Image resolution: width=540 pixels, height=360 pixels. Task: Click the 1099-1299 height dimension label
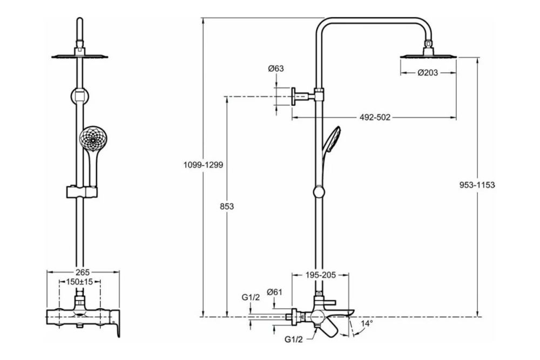(203, 165)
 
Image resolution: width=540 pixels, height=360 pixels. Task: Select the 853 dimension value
(227, 206)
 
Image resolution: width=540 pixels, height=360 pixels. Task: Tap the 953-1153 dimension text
(477, 185)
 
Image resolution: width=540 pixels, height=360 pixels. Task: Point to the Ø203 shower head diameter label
(428, 73)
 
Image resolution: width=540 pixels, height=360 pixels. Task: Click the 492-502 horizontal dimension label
(375, 117)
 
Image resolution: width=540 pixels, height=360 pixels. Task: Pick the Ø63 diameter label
(276, 69)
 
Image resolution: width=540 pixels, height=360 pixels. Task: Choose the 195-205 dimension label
(321, 275)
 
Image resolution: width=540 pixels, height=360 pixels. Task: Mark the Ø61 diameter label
(274, 292)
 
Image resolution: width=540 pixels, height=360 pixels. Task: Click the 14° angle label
(367, 323)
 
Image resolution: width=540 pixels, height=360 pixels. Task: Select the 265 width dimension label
(83, 272)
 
